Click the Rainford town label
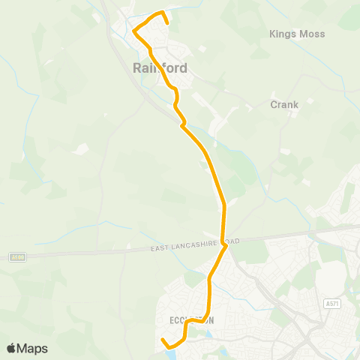click(x=160, y=67)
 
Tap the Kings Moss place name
click(x=294, y=34)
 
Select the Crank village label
click(x=284, y=105)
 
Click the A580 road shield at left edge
click(x=19, y=257)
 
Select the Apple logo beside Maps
click(x=11, y=349)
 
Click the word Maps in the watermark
click(x=32, y=349)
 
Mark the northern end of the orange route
click(x=166, y=23)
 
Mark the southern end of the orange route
click(x=163, y=341)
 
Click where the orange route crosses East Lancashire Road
click(x=224, y=243)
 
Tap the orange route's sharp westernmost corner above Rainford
click(x=133, y=31)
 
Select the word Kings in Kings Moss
click(x=281, y=34)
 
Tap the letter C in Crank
click(x=274, y=105)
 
